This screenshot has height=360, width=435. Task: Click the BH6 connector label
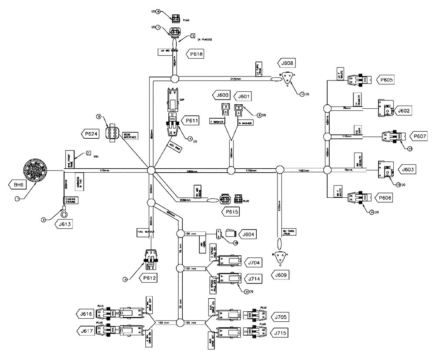pos(18,185)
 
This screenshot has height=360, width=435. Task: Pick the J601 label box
pos(243,95)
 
